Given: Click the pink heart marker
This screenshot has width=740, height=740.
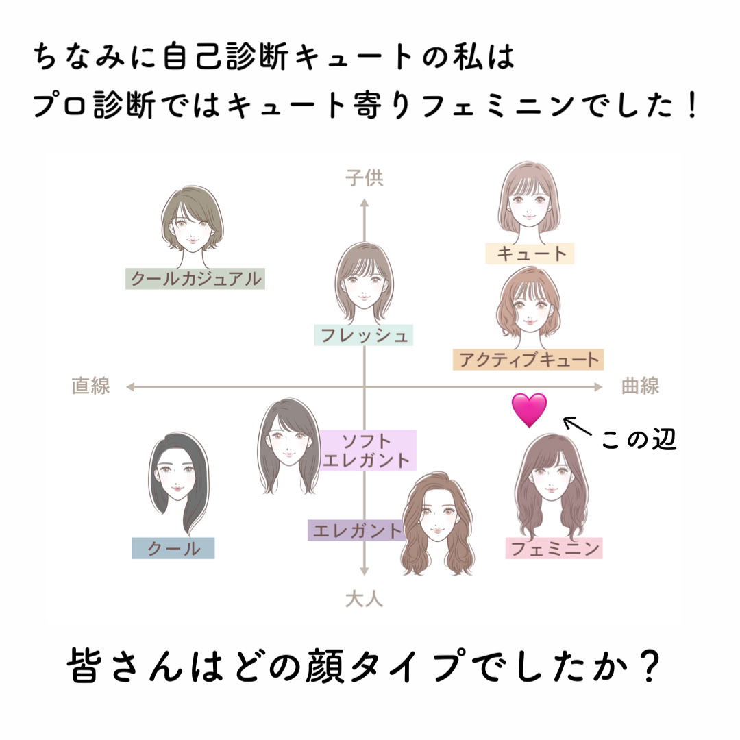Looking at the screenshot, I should tap(530, 409).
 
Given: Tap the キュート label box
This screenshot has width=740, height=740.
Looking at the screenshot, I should tap(529, 254).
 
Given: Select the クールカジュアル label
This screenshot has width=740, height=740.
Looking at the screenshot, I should tap(195, 279).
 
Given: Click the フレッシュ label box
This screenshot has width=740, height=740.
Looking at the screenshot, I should tap(364, 336).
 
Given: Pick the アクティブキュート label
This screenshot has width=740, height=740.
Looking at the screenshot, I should tap(528, 359).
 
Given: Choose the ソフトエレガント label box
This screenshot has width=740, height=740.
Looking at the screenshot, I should tap(367, 450).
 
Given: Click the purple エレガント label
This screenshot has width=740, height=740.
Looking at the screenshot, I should tap(356, 530).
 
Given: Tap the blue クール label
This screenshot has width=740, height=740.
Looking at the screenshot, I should tap(173, 548).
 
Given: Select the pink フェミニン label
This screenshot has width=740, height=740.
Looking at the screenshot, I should tap(554, 548).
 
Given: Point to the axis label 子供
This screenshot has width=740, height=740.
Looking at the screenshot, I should tap(364, 179).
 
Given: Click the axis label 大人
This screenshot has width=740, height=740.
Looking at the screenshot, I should tap(364, 600).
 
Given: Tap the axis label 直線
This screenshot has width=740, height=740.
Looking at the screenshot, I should tap(90, 386).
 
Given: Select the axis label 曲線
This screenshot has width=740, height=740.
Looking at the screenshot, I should tap(640, 386).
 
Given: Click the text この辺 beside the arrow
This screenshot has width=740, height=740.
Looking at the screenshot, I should tap(639, 440).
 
